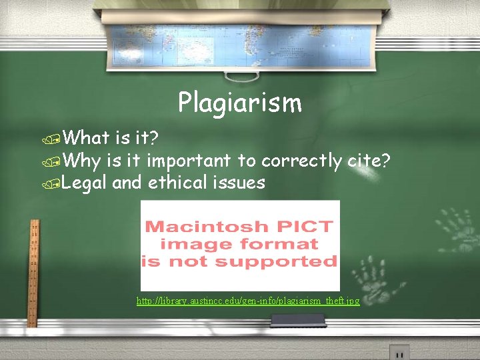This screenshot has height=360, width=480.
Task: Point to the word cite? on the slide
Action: [369, 160]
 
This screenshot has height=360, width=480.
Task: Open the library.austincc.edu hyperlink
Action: [248, 301]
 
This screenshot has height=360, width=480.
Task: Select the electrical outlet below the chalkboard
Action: [399, 352]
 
